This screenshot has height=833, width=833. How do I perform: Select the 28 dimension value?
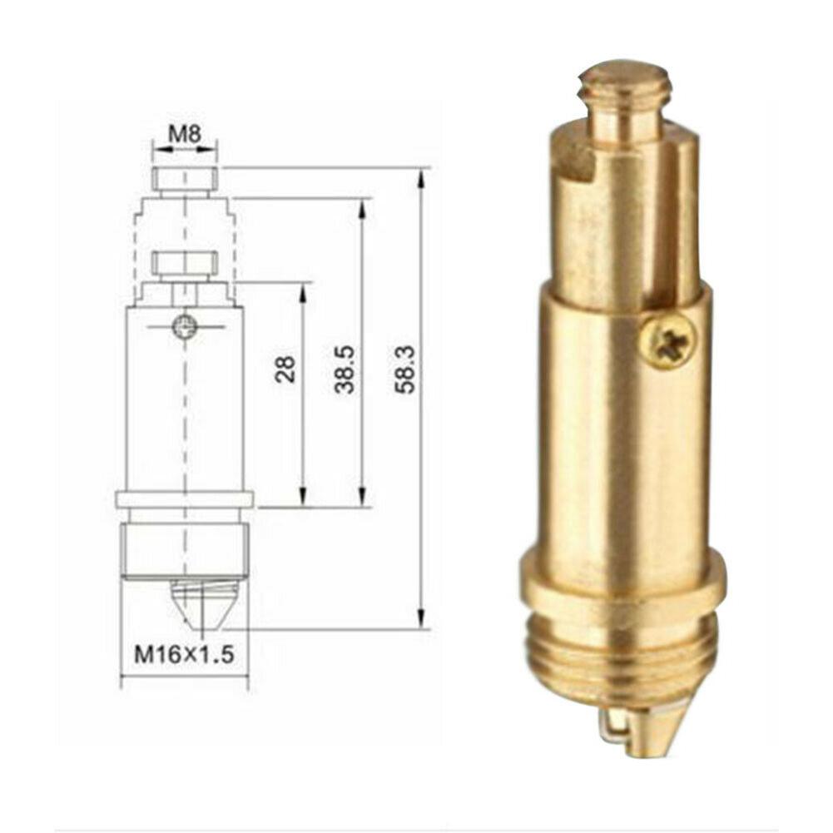tap(285, 369)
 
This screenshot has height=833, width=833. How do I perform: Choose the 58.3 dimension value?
tap(406, 369)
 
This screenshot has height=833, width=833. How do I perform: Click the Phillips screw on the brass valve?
tap(668, 340)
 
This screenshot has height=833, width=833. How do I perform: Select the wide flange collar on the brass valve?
tap(623, 583)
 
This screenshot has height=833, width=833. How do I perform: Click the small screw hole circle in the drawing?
tap(184, 326)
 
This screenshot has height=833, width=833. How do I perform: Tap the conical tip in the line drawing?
tap(202, 603)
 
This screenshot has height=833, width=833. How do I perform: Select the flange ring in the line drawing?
tap(184, 499)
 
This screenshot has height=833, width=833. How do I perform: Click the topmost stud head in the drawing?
tap(185, 177)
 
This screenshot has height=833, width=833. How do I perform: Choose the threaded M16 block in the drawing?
tap(184, 549)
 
